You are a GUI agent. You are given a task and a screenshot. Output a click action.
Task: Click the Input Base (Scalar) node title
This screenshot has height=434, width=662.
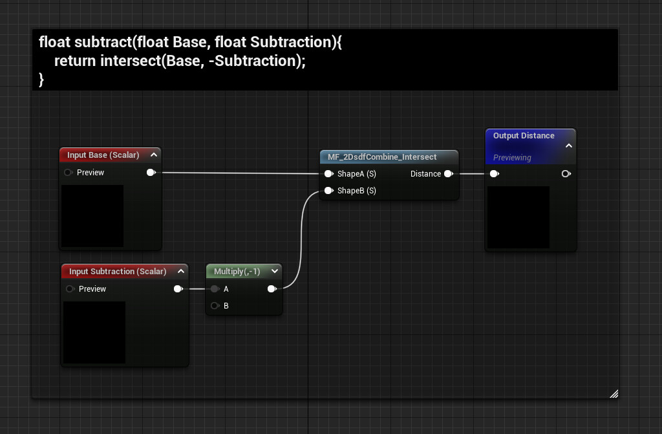click(x=103, y=155)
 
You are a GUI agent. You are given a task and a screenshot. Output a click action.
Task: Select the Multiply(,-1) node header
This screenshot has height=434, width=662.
click(x=237, y=272)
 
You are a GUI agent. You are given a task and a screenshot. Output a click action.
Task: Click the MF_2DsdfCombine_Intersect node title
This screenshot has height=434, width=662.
click(x=382, y=157)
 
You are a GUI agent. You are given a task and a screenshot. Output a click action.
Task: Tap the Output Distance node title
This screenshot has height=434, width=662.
click(x=523, y=136)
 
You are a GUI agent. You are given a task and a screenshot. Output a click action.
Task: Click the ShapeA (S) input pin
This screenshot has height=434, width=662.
click(x=328, y=174)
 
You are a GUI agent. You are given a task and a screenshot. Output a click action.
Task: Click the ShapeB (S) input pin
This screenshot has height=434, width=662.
click(x=328, y=191)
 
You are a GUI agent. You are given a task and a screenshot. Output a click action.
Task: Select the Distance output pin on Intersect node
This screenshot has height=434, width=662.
click(x=448, y=174)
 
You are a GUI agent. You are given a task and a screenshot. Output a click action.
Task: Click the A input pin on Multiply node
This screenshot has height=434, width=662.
click(x=215, y=289)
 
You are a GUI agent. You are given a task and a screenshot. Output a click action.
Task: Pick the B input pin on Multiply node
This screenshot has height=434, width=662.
click(x=215, y=306)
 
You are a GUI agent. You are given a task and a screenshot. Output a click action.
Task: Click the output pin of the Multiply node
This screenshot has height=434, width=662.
click(x=272, y=289)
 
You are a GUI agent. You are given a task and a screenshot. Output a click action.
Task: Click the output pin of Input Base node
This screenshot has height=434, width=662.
click(x=151, y=173)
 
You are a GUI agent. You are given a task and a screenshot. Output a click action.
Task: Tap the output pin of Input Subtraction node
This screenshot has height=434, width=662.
click(x=178, y=289)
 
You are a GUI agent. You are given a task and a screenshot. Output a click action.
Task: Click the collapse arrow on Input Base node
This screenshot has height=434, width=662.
click(x=154, y=155)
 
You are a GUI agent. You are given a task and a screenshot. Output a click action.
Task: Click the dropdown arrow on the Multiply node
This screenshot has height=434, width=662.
click(x=275, y=272)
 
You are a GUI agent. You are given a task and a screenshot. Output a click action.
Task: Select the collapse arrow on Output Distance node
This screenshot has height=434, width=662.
click(x=569, y=146)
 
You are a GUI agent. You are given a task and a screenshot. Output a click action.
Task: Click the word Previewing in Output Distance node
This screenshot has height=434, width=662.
click(x=512, y=158)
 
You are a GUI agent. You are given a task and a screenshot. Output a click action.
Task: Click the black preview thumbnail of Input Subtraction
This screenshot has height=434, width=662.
click(x=94, y=332)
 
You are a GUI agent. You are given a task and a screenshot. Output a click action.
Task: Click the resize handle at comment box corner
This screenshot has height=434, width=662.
click(x=614, y=393)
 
